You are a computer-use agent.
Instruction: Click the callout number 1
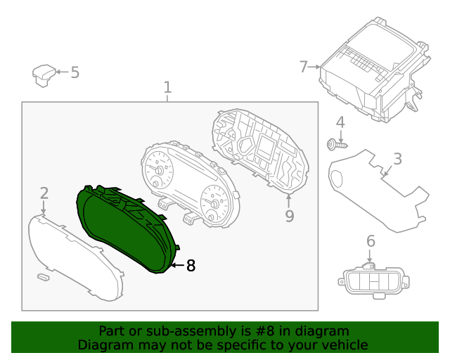[x=167, y=87]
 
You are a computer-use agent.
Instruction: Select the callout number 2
[x=44, y=193]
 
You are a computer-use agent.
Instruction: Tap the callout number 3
[x=397, y=159]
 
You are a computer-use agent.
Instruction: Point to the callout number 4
[x=340, y=123]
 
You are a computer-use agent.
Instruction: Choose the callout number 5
[x=75, y=72]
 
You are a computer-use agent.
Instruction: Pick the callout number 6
[x=371, y=242]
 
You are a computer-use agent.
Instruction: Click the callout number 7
[x=304, y=67]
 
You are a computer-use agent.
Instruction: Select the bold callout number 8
[x=191, y=266]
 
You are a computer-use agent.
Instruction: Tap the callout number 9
[x=289, y=216]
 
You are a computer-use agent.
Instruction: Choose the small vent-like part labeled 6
[x=370, y=283]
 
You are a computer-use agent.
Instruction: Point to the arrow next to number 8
[x=176, y=266]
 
